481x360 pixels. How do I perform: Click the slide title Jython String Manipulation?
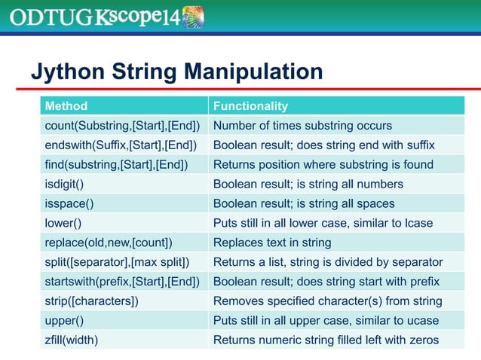click(x=176, y=72)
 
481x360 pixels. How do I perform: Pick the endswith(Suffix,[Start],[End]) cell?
click(x=121, y=145)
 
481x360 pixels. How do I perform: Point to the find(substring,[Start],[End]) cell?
click(x=117, y=164)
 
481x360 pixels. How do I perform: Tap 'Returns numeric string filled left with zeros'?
click(x=326, y=340)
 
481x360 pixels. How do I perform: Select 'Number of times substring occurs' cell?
click(x=302, y=125)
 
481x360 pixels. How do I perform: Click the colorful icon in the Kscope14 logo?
click(x=194, y=17)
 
